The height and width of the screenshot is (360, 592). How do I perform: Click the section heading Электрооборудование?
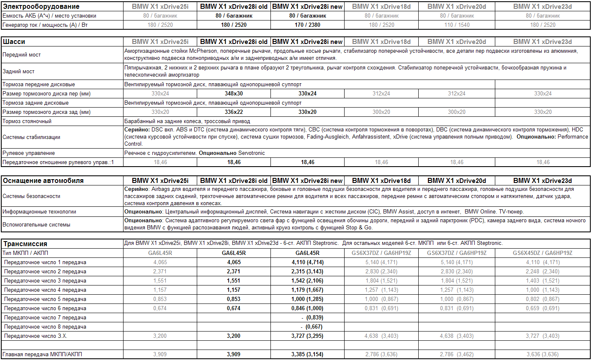click(41, 7)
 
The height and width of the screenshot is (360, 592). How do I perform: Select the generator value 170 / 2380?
click(307, 25)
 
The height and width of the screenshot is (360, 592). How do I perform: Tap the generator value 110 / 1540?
click(457, 25)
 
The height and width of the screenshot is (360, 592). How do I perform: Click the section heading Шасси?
click(14, 42)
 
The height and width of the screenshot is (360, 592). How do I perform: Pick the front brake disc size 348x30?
click(234, 94)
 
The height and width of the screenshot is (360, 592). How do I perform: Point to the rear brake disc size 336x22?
click(234, 112)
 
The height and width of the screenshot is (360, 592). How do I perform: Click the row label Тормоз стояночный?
click(27, 121)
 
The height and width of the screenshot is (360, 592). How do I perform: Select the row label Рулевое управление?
click(29, 153)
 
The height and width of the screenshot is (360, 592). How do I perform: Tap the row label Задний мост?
click(18, 72)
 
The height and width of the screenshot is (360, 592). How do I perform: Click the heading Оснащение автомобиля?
click(43, 181)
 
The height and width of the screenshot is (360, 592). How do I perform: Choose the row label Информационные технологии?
click(39, 212)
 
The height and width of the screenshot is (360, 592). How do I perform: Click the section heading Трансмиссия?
click(25, 244)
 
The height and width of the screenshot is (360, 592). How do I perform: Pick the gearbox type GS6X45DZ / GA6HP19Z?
click(543, 253)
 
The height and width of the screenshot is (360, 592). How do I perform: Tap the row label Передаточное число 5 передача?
click(45, 299)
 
